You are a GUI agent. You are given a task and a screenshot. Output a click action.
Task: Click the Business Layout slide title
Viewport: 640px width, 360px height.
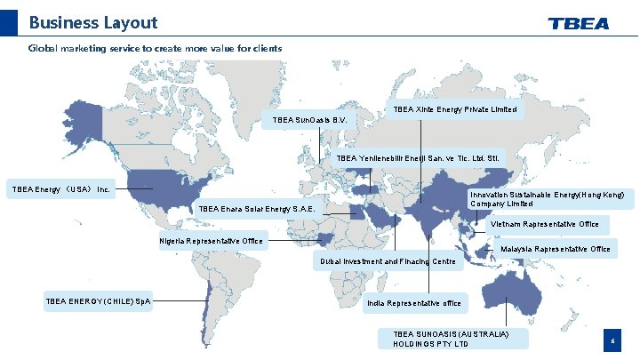(92, 23)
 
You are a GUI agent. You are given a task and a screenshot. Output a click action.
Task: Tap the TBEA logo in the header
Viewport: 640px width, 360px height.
(579, 23)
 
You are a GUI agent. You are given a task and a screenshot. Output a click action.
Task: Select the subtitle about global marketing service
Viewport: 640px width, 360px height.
(156, 48)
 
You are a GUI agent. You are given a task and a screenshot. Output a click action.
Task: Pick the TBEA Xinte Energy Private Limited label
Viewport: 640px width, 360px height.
(454, 109)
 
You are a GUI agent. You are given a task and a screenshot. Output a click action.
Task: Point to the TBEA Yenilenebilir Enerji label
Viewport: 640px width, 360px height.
(420, 158)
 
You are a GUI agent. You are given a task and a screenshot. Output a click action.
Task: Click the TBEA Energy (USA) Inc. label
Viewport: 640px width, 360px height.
(60, 188)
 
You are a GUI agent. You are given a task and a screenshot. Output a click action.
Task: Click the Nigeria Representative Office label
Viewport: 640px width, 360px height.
(212, 241)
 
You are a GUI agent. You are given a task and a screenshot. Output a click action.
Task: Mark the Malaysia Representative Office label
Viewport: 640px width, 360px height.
(556, 249)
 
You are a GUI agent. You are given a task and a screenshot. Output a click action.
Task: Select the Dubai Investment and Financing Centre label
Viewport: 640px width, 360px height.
(388, 261)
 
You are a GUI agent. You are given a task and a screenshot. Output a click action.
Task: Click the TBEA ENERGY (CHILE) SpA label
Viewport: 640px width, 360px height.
(98, 301)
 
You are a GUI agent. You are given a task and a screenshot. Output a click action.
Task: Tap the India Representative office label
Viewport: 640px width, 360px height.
(414, 303)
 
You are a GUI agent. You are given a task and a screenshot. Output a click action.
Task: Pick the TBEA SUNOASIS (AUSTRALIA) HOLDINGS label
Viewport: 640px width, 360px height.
(454, 338)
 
